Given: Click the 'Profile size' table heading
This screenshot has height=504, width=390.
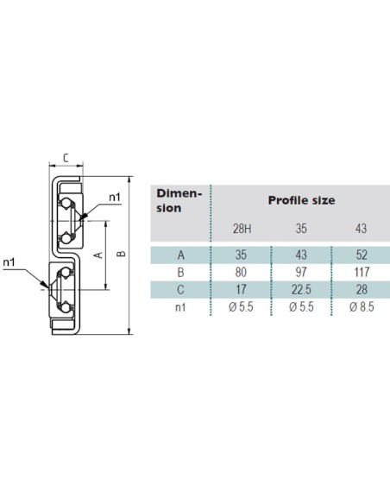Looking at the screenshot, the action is click(301, 200).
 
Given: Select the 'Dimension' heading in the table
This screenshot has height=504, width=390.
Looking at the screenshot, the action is click(179, 200).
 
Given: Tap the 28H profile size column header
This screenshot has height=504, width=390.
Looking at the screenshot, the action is click(242, 229).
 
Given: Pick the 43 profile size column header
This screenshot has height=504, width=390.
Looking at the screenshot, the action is click(361, 229).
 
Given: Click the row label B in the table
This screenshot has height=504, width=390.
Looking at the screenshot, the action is click(181, 272).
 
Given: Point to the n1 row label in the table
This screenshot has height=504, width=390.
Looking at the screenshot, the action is click(180, 307).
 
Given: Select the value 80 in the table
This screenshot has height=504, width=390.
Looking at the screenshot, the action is click(241, 272).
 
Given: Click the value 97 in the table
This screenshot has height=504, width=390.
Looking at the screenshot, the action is click(301, 272).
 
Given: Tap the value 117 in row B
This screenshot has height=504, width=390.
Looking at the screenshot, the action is click(362, 272).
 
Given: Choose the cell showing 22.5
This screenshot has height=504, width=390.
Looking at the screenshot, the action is click(301, 290).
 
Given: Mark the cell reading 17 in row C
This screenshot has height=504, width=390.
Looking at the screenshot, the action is click(241, 290).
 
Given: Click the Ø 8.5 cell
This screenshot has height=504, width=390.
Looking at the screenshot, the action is click(362, 307).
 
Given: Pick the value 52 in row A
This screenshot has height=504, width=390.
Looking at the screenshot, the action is click(362, 255).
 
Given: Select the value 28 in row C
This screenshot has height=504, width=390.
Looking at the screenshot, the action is click(362, 290).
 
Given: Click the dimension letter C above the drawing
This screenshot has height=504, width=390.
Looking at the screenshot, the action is click(66, 158).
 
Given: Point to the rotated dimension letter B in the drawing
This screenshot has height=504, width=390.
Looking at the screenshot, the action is click(121, 254).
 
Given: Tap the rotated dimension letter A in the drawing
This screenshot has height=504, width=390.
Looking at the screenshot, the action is click(98, 255).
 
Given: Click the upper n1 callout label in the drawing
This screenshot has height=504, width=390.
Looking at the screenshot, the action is click(115, 197).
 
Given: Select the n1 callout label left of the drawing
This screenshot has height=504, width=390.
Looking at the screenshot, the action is click(9, 262).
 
